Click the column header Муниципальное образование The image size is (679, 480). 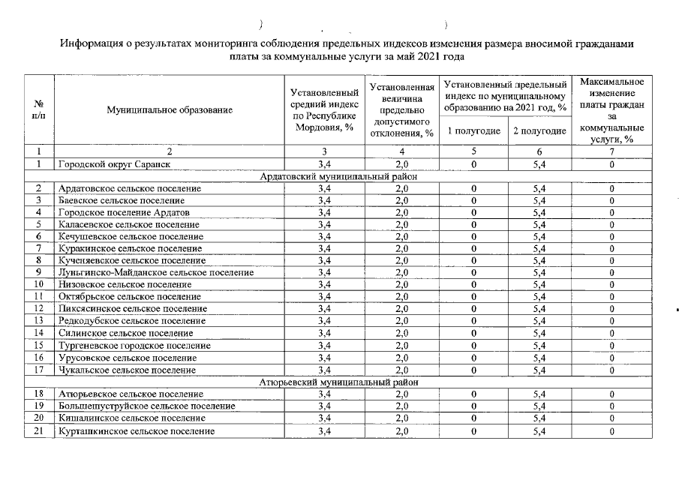170,109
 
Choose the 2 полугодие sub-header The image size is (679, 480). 539,131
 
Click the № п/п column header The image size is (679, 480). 38,109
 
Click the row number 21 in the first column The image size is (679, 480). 38,430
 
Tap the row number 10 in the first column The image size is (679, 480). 38,284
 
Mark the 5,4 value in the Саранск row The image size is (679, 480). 539,164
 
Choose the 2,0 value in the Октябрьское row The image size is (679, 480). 401,297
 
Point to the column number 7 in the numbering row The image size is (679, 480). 611,152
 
